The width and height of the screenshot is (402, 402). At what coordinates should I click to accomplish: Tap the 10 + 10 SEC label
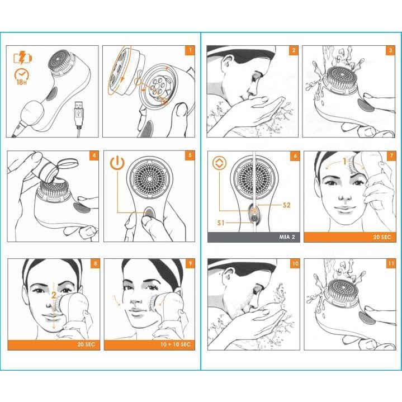coord(176,344)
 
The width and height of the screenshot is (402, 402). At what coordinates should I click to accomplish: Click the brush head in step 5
coord(148,178)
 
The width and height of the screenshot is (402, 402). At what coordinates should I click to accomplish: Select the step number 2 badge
coord(294,50)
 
